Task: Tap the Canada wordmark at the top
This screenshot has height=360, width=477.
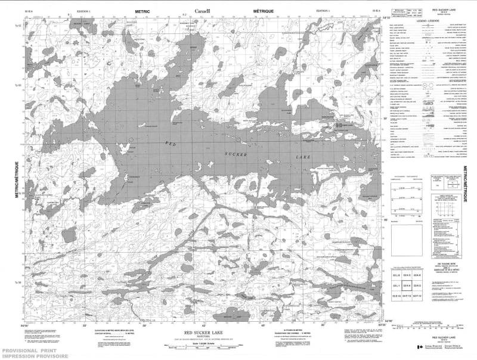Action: [205, 11]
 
